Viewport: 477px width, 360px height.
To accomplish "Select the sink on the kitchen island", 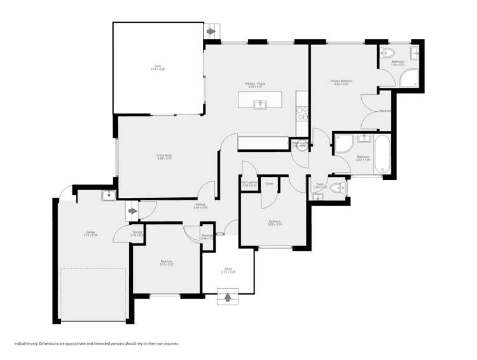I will pyautogui.click(x=259, y=104).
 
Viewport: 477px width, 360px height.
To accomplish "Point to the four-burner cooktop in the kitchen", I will pyautogui.click(x=303, y=113).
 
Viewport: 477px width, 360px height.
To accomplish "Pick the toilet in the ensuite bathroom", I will pyautogui.click(x=388, y=53).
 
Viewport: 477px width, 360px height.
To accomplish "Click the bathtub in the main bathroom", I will pyautogui.click(x=382, y=154).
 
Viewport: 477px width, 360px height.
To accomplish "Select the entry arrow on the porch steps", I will pyautogui.click(x=228, y=296).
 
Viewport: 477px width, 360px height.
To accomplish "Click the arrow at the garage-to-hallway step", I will pyautogui.click(x=133, y=211).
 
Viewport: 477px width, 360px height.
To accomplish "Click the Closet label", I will pyautogui.click(x=269, y=183).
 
